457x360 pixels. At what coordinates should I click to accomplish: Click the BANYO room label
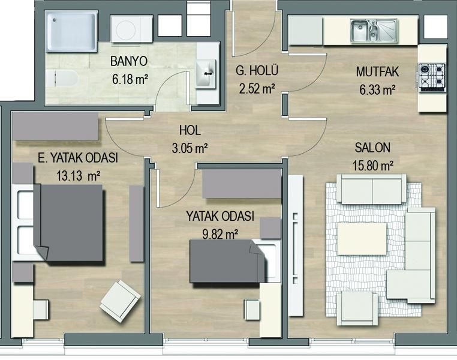click(x=129, y=62)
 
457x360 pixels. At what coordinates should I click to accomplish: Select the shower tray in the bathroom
click(x=72, y=31)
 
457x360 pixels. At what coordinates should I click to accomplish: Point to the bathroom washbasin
click(x=206, y=73)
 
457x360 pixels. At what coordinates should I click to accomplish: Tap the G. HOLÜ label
click(x=257, y=71)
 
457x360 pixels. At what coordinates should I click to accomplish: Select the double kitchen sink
click(x=374, y=31)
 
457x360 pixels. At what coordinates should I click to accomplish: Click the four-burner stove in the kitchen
click(x=432, y=76)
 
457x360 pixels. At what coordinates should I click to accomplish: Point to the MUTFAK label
click(x=377, y=72)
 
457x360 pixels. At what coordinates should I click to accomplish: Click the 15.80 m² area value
click(x=373, y=166)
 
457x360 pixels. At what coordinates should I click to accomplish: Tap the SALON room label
click(x=372, y=148)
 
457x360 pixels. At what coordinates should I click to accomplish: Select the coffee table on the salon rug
click(x=362, y=239)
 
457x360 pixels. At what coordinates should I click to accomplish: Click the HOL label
click(x=190, y=130)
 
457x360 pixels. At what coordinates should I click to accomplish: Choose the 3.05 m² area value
click(x=190, y=148)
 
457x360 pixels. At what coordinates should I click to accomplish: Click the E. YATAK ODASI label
click(x=78, y=158)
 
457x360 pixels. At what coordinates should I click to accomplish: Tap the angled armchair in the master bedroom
click(x=120, y=301)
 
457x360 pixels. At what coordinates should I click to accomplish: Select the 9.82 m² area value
click(x=220, y=234)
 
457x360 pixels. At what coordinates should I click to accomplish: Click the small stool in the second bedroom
click(x=252, y=309)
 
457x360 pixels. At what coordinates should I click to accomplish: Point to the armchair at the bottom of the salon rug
click(x=357, y=308)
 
